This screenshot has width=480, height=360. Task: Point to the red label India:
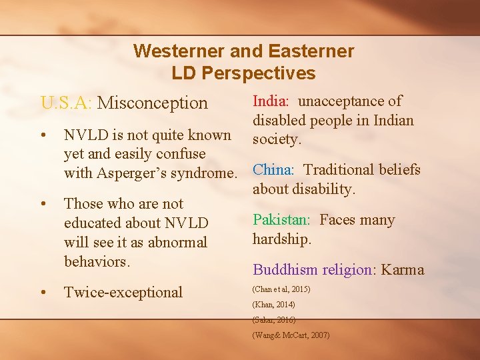point(271,101)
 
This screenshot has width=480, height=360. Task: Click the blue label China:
point(275,169)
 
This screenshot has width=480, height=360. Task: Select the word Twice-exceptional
point(123,292)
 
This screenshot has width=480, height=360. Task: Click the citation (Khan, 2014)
point(273,305)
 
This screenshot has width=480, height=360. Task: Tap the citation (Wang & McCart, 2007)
point(291,335)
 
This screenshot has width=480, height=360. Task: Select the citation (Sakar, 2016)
point(274,320)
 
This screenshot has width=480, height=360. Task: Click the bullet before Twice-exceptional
point(43,292)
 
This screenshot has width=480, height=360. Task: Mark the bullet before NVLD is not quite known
point(43,135)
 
